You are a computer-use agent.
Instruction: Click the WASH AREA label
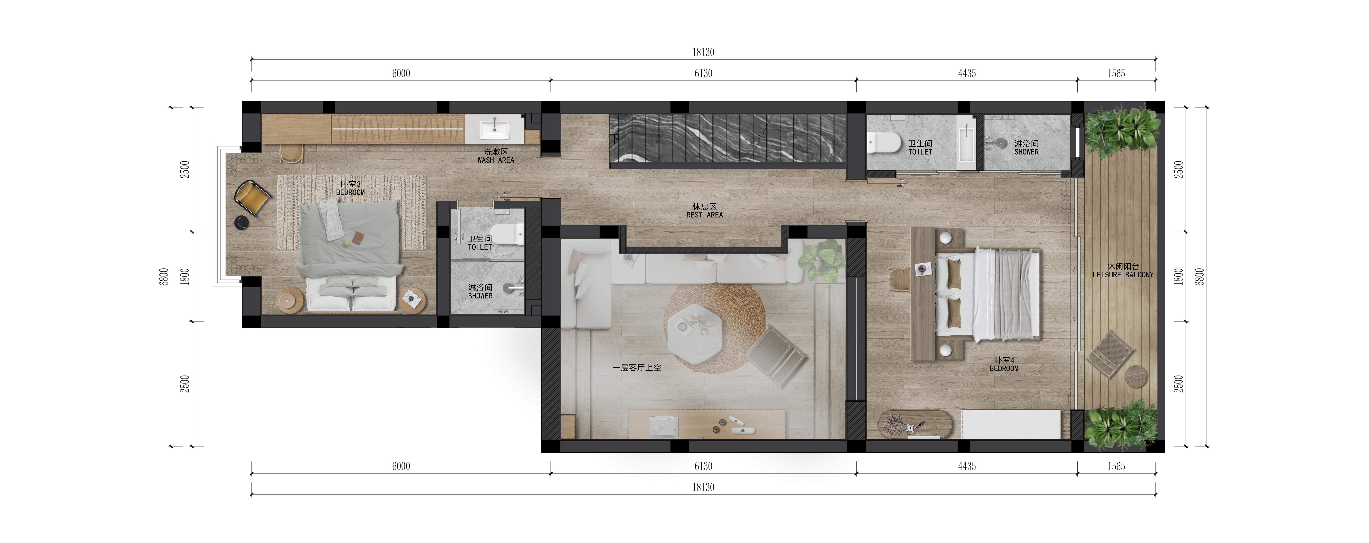click(495, 160)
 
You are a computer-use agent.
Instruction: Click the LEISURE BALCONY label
click(1123, 275)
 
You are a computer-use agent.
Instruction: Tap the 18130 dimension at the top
click(703, 52)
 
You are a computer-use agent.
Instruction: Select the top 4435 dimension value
click(967, 73)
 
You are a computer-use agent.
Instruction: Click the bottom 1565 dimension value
click(1116, 466)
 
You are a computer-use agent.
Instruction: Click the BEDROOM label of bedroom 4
click(1004, 368)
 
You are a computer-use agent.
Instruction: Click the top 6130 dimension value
click(703, 73)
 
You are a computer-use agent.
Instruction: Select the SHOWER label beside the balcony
click(1026, 151)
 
